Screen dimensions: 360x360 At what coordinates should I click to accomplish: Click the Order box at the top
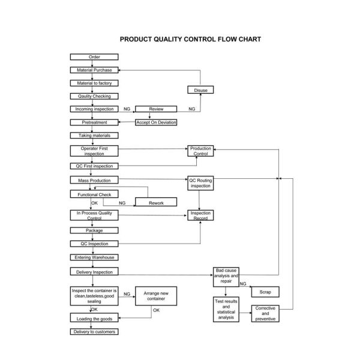94,57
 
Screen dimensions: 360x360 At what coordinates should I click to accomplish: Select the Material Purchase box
94,70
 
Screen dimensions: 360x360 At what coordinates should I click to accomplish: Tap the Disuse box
200,90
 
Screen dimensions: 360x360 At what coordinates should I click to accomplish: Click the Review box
156,109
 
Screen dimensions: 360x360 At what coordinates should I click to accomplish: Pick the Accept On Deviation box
156,122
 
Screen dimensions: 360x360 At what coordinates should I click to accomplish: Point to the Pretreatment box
94,122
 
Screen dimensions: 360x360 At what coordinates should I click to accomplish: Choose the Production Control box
200,151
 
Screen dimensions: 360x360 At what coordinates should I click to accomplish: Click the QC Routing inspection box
200,183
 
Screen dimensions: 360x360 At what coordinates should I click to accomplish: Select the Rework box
156,203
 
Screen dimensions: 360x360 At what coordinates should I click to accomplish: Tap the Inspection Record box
200,215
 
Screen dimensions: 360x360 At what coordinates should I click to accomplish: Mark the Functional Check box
94,195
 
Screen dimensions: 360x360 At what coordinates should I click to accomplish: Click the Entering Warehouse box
94,257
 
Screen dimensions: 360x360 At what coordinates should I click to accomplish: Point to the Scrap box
265,292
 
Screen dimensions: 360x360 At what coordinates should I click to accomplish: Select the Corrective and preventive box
265,314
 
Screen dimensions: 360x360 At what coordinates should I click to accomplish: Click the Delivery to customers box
94,332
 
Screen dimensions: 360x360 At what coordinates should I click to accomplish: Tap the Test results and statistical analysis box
226,310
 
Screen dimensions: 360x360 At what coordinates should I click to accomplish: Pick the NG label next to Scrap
243,284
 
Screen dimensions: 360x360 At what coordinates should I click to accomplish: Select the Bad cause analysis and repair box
226,276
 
